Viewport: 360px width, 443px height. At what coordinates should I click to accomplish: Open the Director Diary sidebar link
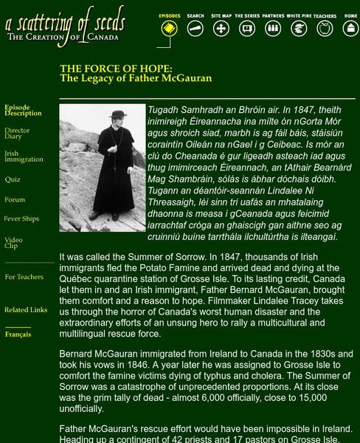click(x=17, y=134)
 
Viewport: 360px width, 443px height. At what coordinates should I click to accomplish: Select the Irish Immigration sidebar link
click(x=24, y=157)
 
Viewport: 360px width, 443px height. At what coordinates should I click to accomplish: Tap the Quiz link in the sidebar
click(x=13, y=179)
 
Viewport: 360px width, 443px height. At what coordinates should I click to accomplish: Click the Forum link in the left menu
click(x=15, y=199)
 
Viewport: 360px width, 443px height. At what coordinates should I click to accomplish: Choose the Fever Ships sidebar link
click(x=21, y=219)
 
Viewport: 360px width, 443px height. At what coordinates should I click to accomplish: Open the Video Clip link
click(x=13, y=242)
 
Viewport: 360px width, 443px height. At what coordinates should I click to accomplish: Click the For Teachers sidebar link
click(x=24, y=277)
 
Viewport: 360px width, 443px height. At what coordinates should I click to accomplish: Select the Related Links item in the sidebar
click(x=26, y=310)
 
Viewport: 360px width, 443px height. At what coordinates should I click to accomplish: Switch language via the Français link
click(x=18, y=334)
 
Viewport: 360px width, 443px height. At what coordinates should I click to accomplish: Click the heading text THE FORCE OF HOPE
click(x=116, y=69)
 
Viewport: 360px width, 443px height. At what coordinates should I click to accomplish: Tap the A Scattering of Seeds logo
click(x=65, y=25)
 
